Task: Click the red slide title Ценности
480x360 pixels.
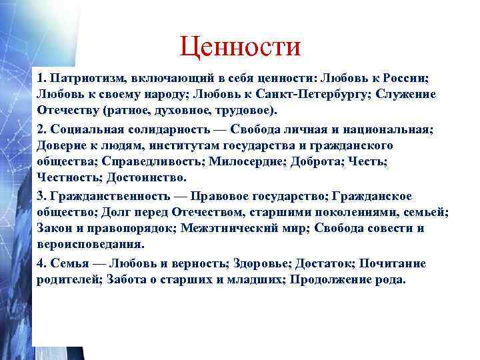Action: click(x=240, y=46)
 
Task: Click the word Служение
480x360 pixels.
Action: click(x=406, y=94)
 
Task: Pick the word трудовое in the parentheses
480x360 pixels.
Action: click(x=246, y=110)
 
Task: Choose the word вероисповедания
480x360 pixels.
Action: click(x=83, y=245)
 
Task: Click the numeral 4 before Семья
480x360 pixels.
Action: click(x=40, y=263)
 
